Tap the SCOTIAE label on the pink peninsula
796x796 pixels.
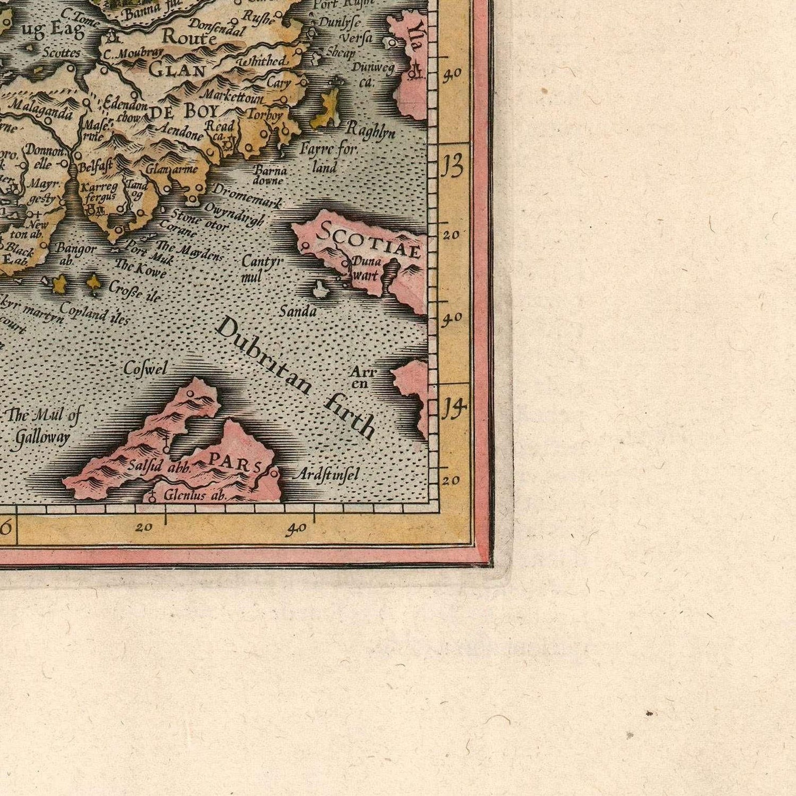click(x=368, y=240)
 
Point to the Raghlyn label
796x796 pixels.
click(x=370, y=130)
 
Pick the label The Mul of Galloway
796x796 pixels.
click(x=43, y=426)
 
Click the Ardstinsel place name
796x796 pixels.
click(x=325, y=474)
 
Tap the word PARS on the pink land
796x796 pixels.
click(x=235, y=462)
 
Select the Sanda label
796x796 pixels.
click(x=298, y=312)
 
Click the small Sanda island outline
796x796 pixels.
click(x=318, y=289)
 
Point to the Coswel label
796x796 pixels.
click(x=145, y=369)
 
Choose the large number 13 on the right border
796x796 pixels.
click(x=453, y=168)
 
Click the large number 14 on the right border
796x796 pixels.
click(x=454, y=409)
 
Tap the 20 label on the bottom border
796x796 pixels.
click(x=143, y=527)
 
